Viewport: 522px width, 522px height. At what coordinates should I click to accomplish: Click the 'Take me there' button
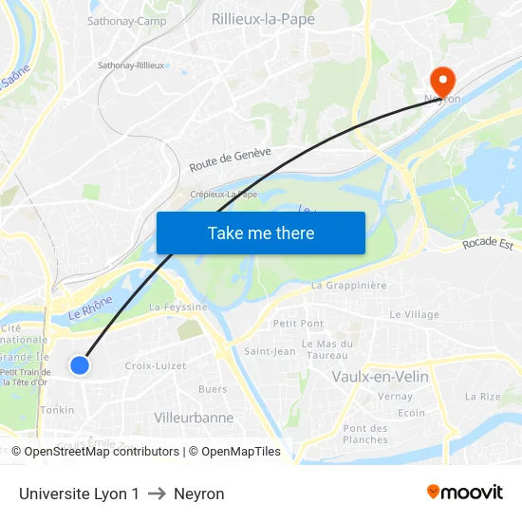tap(261, 233)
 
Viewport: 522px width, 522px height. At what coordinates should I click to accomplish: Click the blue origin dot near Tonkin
tap(80, 364)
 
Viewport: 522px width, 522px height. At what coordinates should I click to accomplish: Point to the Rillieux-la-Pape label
tap(264, 19)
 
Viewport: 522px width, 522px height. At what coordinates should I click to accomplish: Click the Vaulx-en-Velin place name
tap(380, 377)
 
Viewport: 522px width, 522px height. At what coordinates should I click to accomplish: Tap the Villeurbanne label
tap(194, 418)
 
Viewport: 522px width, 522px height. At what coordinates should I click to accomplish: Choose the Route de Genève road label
tap(230, 158)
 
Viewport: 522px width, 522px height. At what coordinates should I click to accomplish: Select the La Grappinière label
tap(349, 285)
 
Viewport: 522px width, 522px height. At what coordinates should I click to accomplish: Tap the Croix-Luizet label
tap(156, 365)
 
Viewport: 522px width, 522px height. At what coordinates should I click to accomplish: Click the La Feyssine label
tap(178, 308)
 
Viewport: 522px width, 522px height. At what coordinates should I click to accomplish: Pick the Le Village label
tap(415, 314)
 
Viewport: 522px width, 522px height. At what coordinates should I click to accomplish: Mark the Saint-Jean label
tap(270, 351)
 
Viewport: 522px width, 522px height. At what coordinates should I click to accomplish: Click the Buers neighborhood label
tap(213, 389)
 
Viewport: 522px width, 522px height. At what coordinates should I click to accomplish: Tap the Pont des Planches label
tap(365, 434)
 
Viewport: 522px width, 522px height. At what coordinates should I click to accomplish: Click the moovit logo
tap(465, 492)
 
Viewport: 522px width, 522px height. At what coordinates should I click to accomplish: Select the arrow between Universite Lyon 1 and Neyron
tap(157, 494)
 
